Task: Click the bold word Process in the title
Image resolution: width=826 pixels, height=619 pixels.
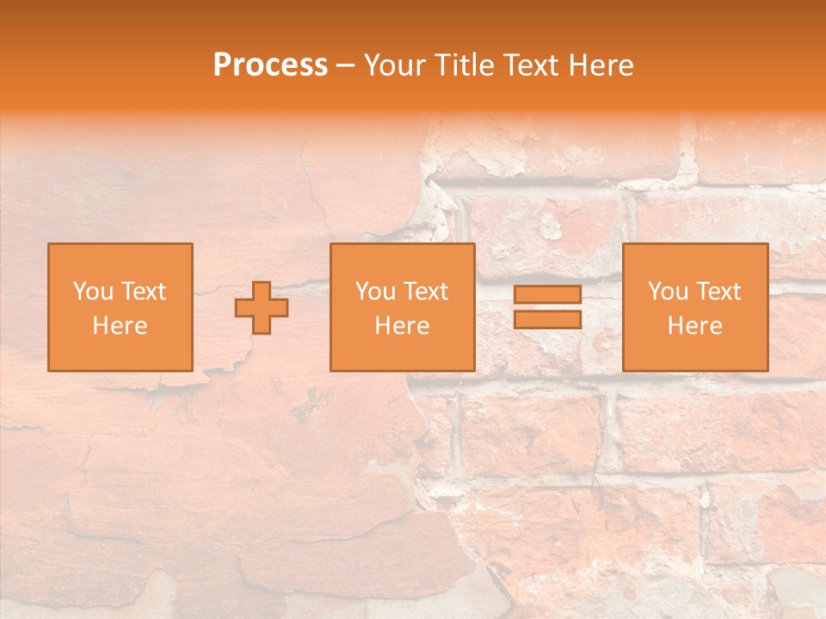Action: (x=270, y=65)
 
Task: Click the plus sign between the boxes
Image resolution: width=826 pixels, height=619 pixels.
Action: (x=262, y=308)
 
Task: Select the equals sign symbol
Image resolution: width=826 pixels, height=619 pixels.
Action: (x=547, y=307)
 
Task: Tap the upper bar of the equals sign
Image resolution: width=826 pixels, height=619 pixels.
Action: (x=547, y=295)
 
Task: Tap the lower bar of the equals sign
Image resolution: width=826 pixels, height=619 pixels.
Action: (x=547, y=319)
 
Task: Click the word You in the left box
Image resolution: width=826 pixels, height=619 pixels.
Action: (x=92, y=291)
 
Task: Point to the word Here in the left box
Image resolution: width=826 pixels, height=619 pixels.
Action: (x=120, y=326)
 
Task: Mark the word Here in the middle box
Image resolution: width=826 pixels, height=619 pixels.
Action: (x=402, y=326)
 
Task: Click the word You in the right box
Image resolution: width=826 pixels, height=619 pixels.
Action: (x=667, y=291)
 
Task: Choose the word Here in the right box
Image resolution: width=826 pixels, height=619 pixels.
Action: (x=694, y=326)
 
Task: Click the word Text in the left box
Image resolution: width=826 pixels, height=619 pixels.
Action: (x=144, y=291)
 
